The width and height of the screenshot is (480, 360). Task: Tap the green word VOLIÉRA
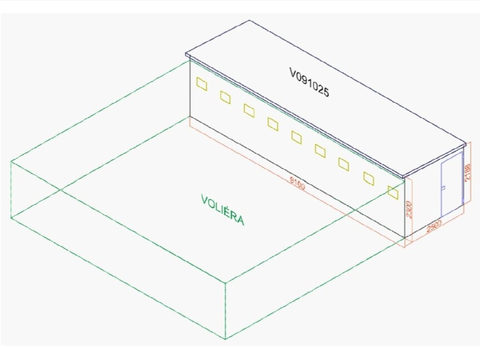223,210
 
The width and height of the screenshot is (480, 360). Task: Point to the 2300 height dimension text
409,210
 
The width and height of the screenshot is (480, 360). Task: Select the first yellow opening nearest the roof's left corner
202,83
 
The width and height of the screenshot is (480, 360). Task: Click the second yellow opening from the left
225,97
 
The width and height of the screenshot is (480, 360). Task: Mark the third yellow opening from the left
249,111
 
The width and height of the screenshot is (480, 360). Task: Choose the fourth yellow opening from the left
273,124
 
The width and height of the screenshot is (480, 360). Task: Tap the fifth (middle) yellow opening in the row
296,137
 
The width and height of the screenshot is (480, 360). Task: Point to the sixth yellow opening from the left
320,150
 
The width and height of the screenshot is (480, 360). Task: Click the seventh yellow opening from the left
344,164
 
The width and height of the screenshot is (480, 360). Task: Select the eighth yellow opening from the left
368,178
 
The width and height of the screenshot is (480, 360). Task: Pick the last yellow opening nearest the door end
393,191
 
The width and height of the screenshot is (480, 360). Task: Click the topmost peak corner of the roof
249,21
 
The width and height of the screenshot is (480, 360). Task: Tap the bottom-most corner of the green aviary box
225,339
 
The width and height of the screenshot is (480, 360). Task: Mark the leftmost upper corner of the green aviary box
11,162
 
